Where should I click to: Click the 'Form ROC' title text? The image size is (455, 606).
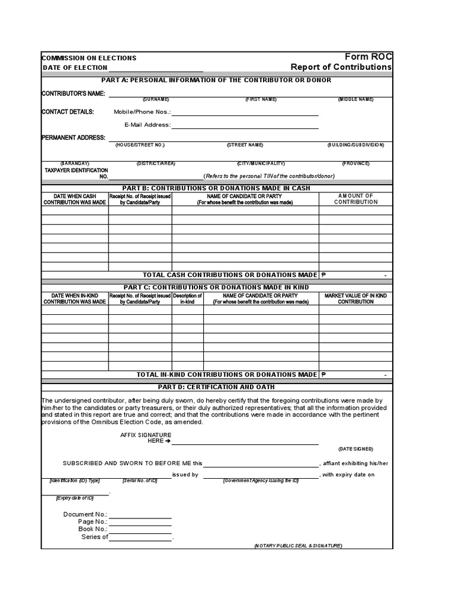point(368,56)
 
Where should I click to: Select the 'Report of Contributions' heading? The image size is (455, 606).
point(341,67)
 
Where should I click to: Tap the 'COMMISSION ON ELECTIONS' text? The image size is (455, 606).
point(89,58)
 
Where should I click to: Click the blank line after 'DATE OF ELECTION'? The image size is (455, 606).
point(156,69)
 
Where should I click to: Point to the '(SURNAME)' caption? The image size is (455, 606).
point(156,99)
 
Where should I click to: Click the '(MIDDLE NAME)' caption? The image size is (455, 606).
point(355,99)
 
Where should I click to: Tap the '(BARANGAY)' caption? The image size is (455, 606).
point(75,163)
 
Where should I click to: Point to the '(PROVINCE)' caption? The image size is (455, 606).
point(355,163)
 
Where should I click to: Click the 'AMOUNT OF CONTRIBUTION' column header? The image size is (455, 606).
point(355,199)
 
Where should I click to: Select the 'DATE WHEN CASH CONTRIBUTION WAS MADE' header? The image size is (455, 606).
point(75,199)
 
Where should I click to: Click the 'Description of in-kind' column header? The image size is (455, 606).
point(187,298)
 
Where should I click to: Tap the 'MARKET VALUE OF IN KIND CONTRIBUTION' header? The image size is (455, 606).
point(355,298)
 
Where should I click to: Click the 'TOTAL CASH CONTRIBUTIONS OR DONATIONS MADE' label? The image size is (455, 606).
point(230,275)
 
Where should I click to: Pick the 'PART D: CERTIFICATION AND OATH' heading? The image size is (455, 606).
point(216,387)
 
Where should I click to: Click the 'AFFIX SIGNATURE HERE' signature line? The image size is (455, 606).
point(245,443)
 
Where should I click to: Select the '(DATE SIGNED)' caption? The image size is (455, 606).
point(355,449)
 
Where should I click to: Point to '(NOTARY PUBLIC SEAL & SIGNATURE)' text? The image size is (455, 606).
point(298,546)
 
